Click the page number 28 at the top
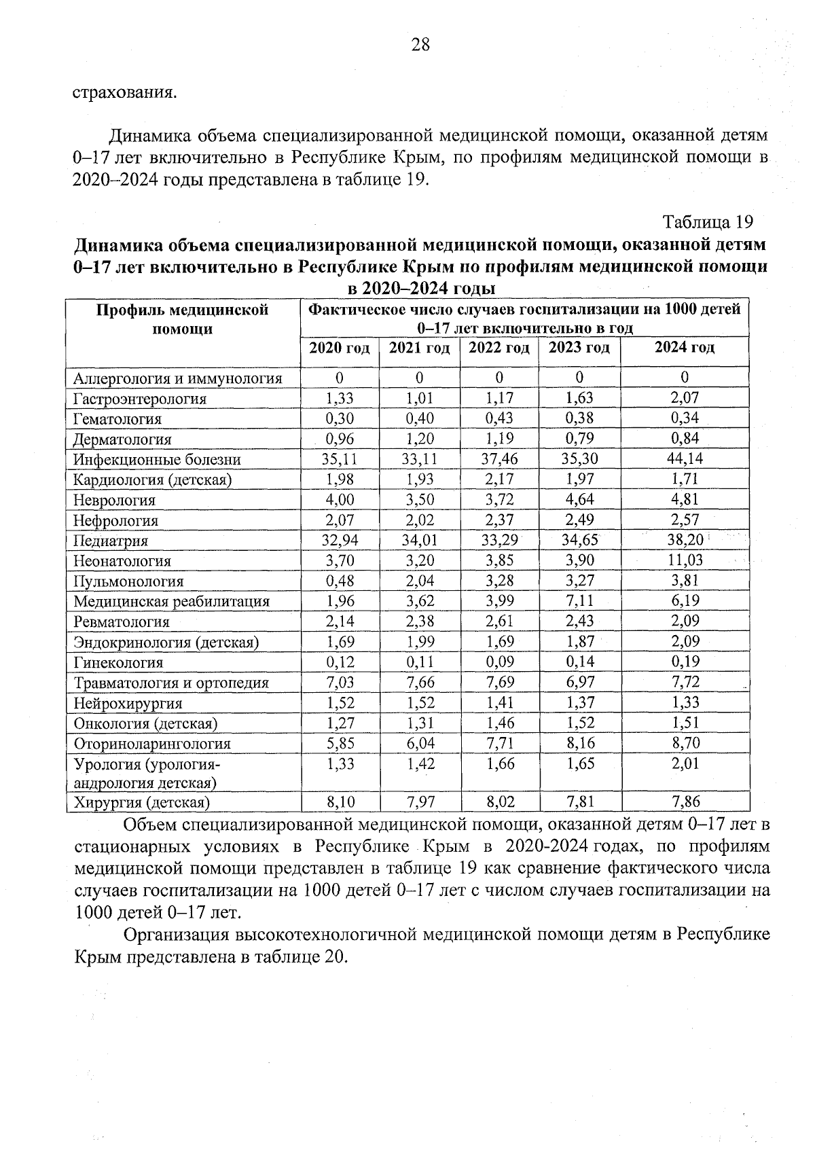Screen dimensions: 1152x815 click(420, 46)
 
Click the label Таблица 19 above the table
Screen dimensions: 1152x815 click(708, 222)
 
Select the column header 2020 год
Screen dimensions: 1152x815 click(340, 348)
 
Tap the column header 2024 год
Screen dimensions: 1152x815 click(684, 348)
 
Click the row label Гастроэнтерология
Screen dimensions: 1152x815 click(140, 399)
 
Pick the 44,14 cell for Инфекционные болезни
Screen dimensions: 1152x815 click(685, 458)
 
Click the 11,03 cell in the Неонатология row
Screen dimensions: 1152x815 click(685, 560)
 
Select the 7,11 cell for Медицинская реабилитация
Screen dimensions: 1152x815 click(579, 600)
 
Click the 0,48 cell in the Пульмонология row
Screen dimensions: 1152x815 click(340, 581)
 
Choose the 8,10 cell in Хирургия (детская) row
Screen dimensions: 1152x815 click(340, 802)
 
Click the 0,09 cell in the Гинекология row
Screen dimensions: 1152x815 click(499, 662)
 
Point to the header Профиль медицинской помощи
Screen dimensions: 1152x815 click(182, 319)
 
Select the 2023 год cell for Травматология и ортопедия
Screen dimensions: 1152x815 click(579, 682)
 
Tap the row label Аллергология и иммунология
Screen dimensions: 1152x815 click(177, 378)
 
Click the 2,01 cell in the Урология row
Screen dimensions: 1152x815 click(685, 763)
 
